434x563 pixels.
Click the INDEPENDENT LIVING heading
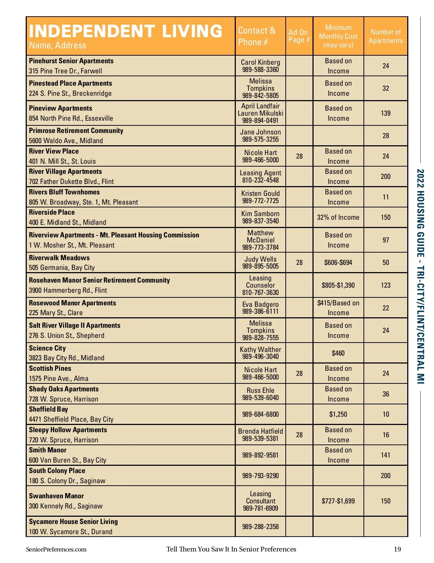[x=125, y=31]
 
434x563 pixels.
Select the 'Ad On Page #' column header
[x=299, y=36]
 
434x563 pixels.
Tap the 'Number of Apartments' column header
[x=386, y=36]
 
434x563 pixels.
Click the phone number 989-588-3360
[x=260, y=70]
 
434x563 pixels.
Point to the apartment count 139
[x=386, y=113]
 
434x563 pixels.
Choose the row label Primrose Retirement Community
[x=76, y=131]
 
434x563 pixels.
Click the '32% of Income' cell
[x=338, y=217]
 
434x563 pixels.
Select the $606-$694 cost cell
[x=338, y=262]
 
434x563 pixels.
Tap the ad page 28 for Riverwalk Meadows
[x=299, y=262]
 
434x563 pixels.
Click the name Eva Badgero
[x=260, y=304]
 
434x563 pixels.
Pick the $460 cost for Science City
[x=338, y=353]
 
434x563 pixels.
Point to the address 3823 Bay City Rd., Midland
[x=67, y=358]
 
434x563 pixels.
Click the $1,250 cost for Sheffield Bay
[x=338, y=414]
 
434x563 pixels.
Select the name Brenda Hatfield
[x=260, y=431]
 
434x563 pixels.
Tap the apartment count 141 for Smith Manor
[x=386, y=455]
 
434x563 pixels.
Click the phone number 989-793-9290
[x=260, y=476]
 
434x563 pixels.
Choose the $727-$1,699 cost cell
[x=338, y=501]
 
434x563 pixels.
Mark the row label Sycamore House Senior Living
[x=73, y=521]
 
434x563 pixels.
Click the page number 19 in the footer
[x=397, y=549]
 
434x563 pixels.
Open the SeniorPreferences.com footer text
[x=56, y=549]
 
